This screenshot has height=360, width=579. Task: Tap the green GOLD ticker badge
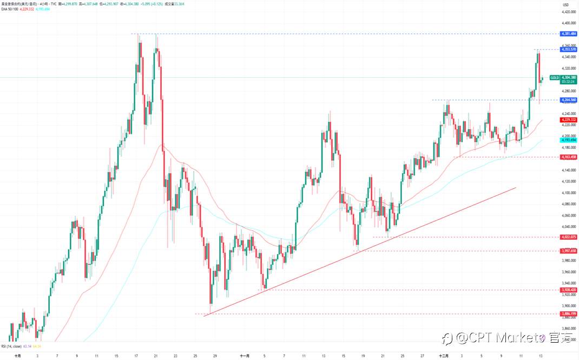click(555, 77)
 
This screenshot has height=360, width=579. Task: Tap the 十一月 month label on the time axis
click(245, 356)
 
